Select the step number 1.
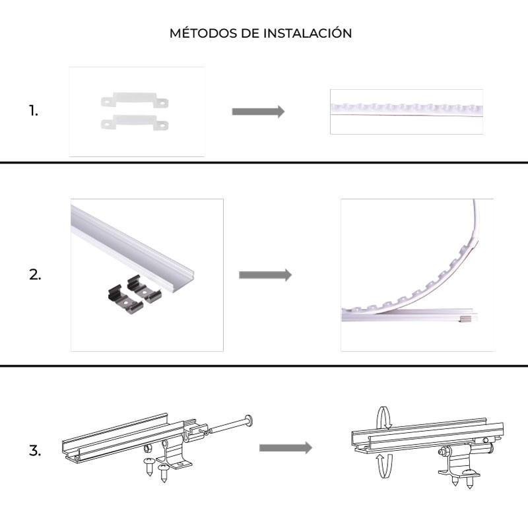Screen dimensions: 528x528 tap(34, 111)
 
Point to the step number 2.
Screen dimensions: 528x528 tap(35, 275)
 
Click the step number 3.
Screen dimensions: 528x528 tap(35, 452)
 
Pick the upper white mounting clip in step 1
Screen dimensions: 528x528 tap(134, 102)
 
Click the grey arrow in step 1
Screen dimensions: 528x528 tap(258, 112)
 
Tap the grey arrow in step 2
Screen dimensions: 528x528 tap(265, 275)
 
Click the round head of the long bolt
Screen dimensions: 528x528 tap(249, 420)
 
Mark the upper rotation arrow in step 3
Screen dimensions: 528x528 tap(382, 418)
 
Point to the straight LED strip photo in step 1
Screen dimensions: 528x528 tap(406, 112)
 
